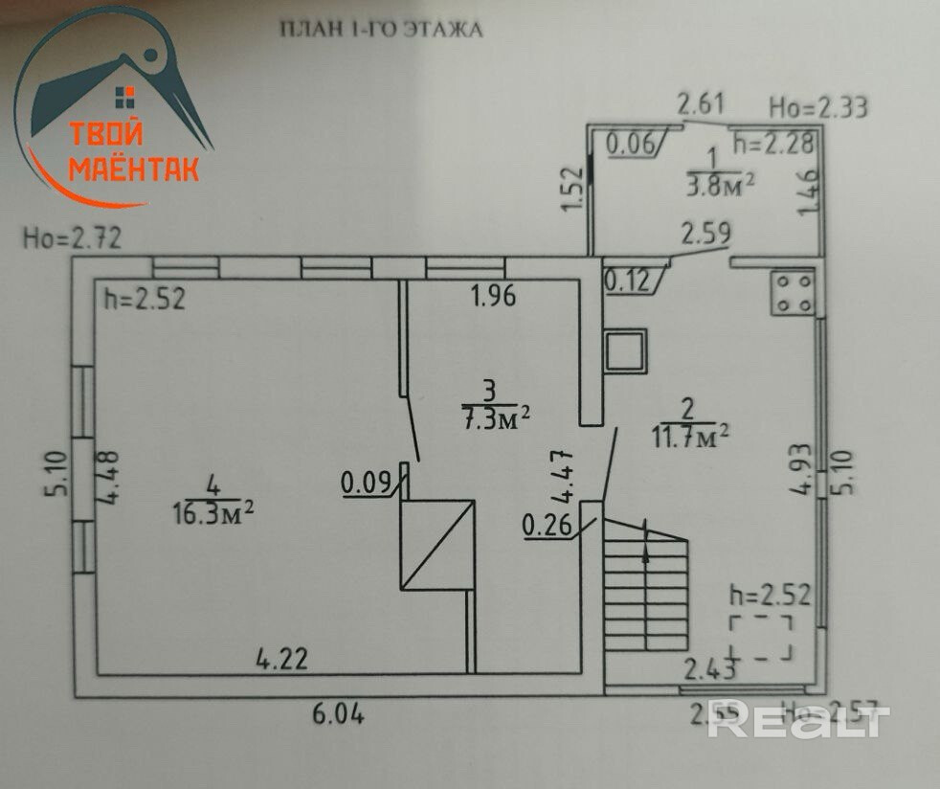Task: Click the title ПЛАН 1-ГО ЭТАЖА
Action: [x=380, y=30]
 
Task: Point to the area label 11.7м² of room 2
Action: [x=691, y=437]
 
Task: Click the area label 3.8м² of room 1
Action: [x=715, y=185]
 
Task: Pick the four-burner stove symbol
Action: [x=794, y=293]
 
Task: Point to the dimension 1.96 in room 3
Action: [x=492, y=296]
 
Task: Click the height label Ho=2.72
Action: [x=73, y=237]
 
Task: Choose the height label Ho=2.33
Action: [x=819, y=106]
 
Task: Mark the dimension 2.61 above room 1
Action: [x=704, y=102]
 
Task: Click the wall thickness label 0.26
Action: [x=547, y=525]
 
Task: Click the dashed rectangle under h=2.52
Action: [x=761, y=639]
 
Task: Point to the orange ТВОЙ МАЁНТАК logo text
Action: [x=133, y=151]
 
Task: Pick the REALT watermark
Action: [x=798, y=721]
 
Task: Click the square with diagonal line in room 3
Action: [x=437, y=544]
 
